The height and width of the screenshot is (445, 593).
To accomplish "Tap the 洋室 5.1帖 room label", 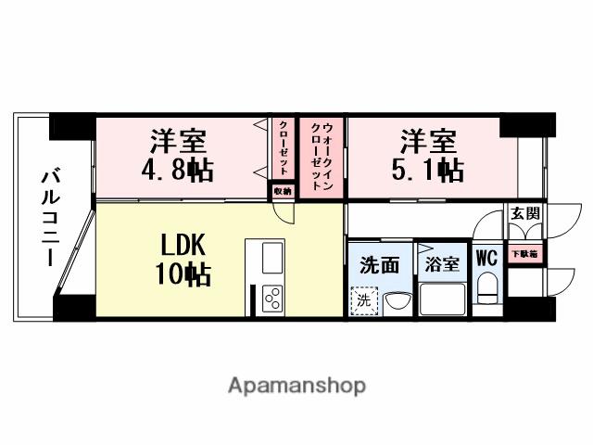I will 427,156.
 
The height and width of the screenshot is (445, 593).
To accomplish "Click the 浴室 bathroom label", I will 442,263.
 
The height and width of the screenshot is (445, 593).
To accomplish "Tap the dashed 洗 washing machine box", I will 362,301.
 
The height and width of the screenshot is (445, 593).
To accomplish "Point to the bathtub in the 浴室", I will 442,299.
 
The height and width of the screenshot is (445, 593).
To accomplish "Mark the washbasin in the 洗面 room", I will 396,302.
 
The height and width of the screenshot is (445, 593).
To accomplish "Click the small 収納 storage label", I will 282,189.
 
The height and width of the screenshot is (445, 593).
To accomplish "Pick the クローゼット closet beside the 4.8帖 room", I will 283,148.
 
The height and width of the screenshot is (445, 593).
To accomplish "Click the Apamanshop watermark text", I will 296,385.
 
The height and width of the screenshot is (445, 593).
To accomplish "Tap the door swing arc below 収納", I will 286,211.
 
